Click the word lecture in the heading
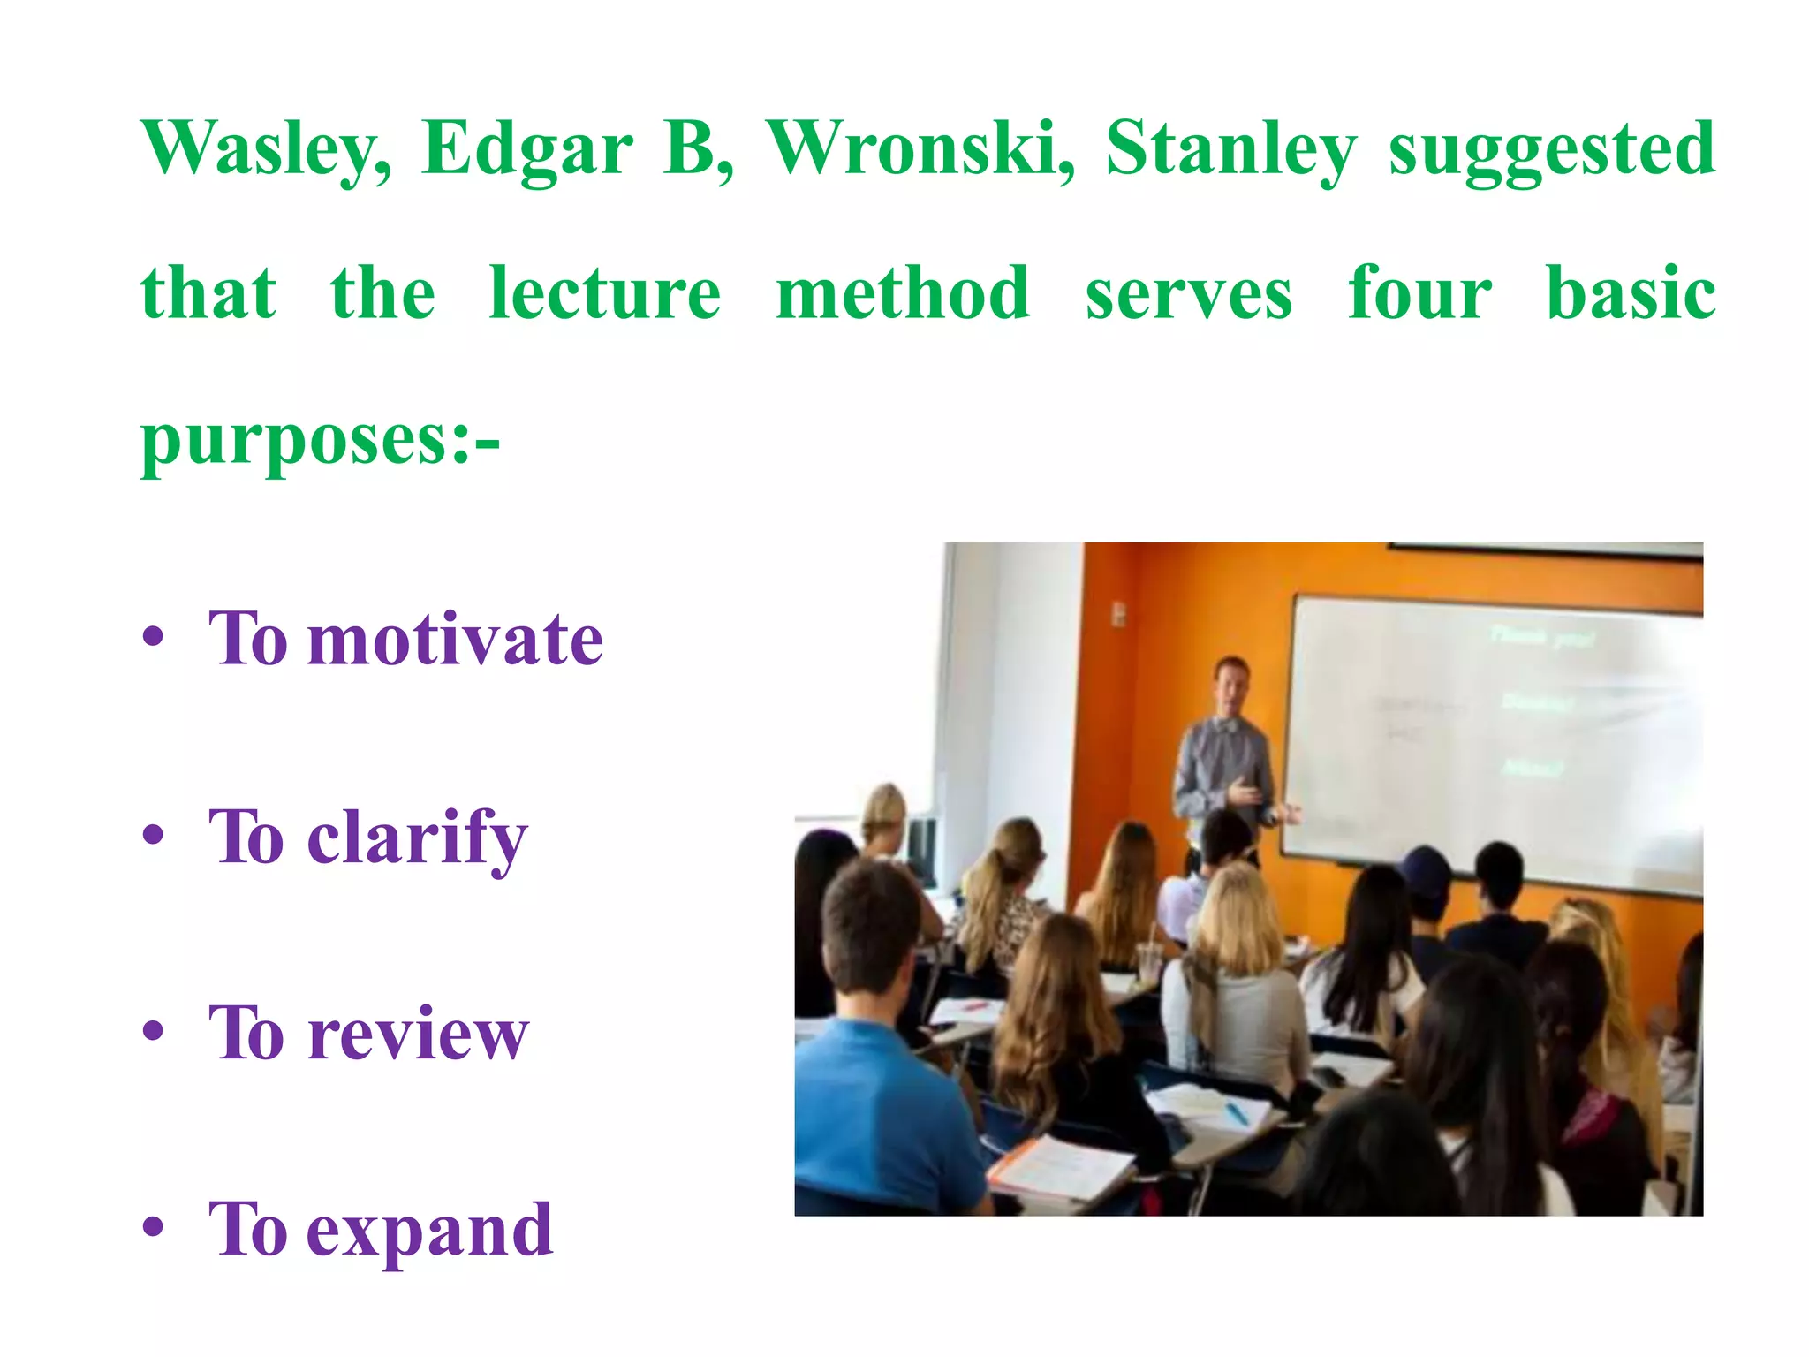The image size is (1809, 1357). [x=605, y=293]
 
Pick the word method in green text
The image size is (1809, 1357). [x=903, y=293]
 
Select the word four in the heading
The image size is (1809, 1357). [x=1419, y=293]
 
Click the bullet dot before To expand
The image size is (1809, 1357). [x=154, y=1228]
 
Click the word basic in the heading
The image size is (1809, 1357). [x=1631, y=293]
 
